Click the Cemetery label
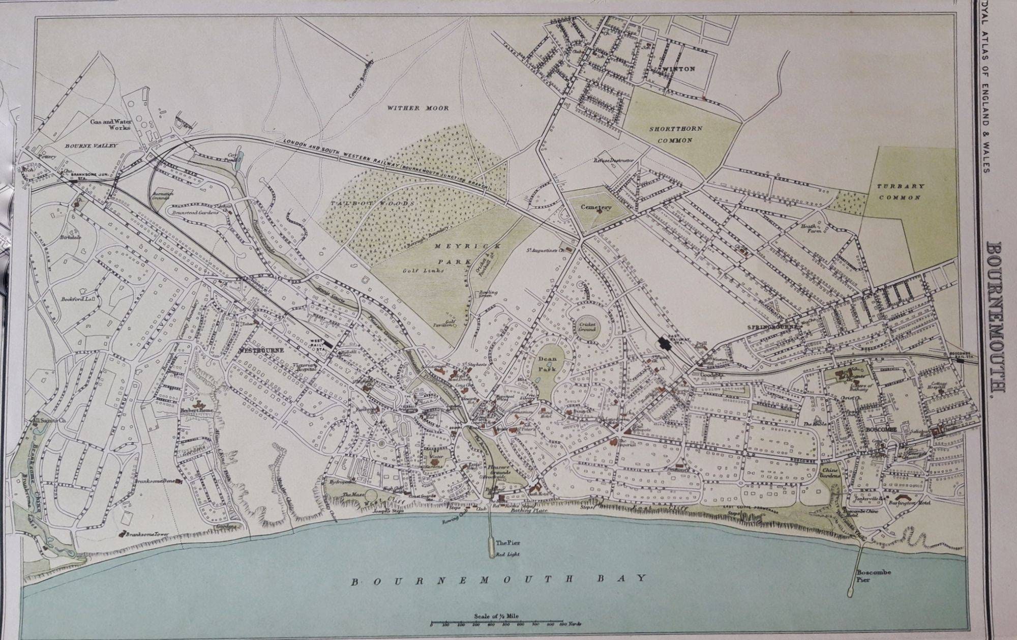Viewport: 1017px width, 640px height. (x=597, y=208)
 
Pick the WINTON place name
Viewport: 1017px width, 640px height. (x=682, y=69)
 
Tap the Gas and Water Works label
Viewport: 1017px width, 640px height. (x=110, y=124)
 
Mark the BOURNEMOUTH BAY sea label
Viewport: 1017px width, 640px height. (x=499, y=578)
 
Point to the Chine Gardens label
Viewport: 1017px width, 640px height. (x=830, y=474)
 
